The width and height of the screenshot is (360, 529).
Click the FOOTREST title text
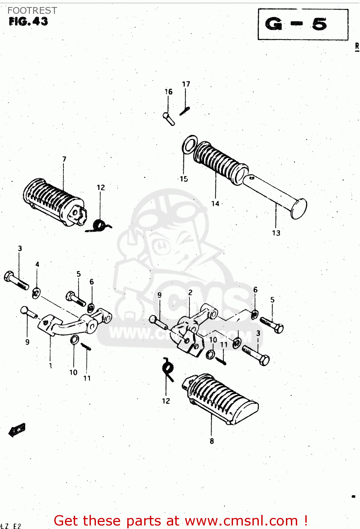[32, 11]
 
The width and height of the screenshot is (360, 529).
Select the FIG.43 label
[28, 22]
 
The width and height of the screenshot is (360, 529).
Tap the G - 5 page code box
[303, 24]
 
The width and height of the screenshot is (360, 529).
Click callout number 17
[186, 84]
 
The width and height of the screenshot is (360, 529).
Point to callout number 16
[169, 92]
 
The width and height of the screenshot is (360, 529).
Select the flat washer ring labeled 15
[189, 145]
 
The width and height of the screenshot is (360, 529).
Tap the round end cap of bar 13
[299, 208]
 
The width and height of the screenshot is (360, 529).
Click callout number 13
[276, 233]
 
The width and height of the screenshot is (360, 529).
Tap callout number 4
[37, 264]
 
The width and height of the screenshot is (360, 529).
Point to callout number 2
[190, 292]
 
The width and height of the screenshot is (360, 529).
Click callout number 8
[212, 441]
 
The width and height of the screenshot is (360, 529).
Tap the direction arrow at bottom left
[17, 430]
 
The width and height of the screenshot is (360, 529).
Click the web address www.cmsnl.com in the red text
[241, 521]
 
